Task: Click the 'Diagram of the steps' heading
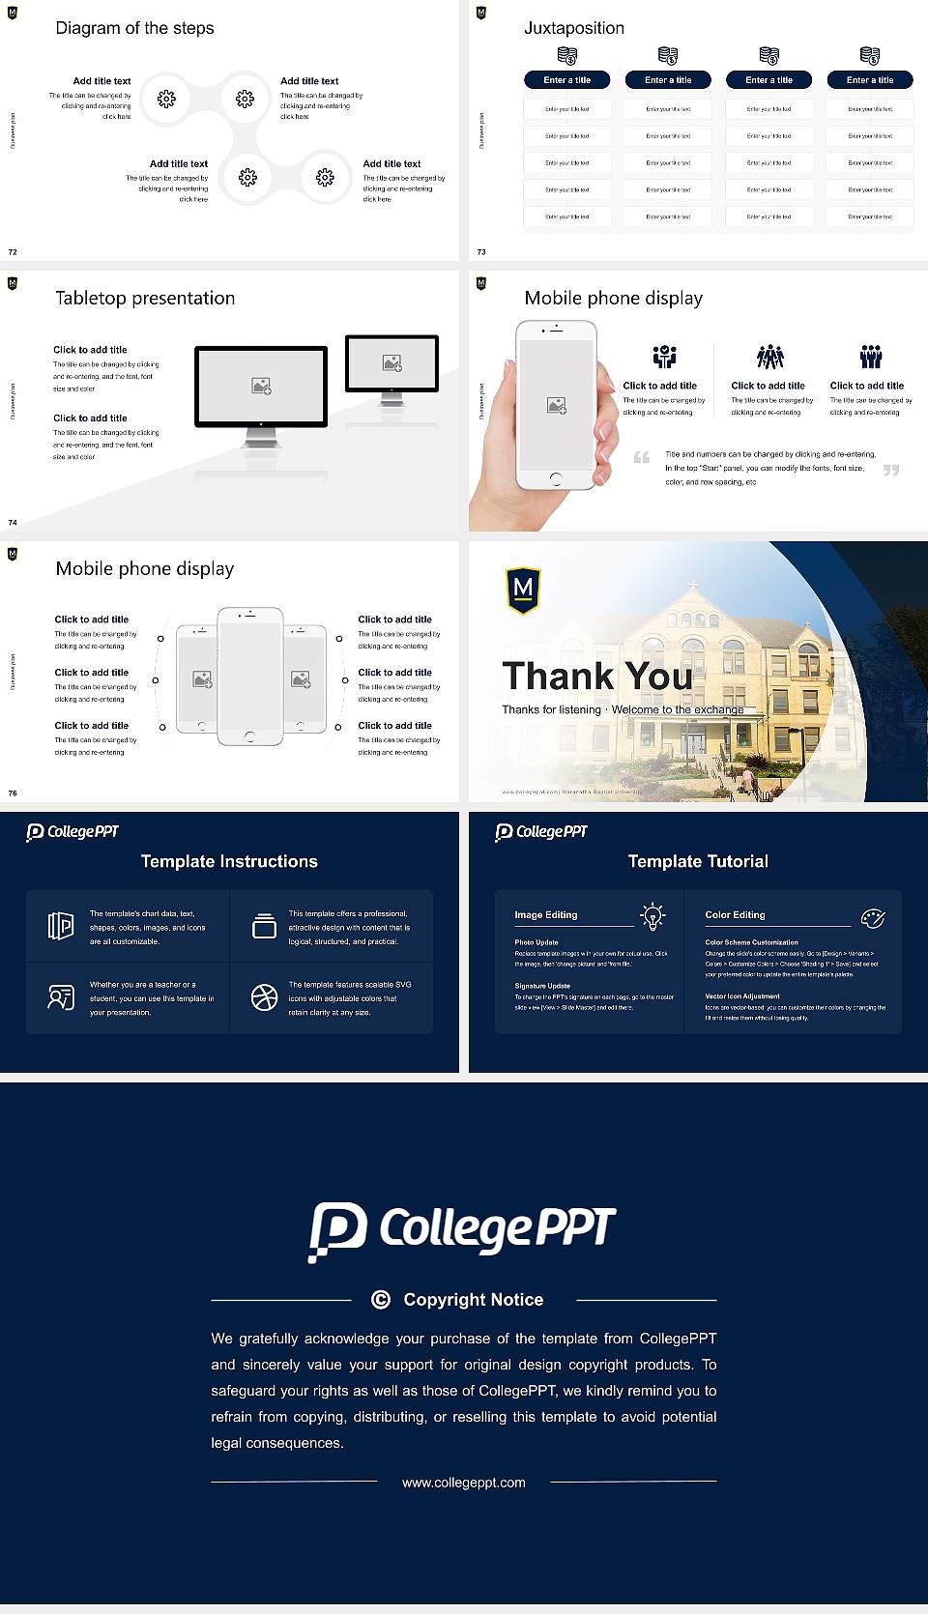(134, 28)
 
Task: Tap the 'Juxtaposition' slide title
(573, 28)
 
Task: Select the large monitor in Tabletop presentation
(261, 387)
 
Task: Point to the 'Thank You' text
(597, 676)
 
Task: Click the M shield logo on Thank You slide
(523, 590)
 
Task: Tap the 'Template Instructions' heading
(229, 861)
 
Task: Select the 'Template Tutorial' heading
(698, 861)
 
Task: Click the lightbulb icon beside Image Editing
(652, 916)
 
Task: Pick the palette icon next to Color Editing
(873, 917)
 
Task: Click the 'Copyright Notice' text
(473, 1300)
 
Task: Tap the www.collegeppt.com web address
(464, 1483)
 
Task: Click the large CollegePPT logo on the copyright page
(462, 1230)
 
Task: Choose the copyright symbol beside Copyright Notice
(381, 1300)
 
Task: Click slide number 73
(481, 252)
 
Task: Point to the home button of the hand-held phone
(555, 478)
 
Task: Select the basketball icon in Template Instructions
(264, 997)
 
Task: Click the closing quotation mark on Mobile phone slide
(891, 470)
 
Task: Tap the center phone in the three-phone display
(249, 677)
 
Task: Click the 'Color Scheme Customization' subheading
(751, 941)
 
